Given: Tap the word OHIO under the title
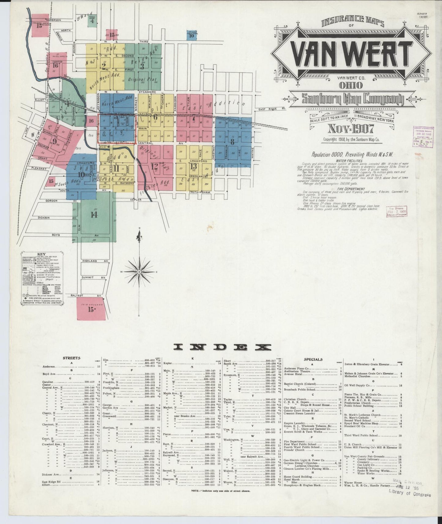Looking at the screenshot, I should click(351, 85).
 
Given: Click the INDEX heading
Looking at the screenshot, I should click(222, 347).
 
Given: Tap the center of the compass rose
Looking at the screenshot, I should click(139, 272).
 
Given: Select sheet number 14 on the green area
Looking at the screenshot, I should click(94, 215).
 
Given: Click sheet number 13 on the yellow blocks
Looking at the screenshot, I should click(193, 166).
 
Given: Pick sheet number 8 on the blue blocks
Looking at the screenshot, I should click(232, 142).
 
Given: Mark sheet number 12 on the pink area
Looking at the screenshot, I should click(154, 166).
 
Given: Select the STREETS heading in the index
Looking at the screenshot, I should click(72, 358).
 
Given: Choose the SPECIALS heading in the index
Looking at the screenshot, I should click(313, 359).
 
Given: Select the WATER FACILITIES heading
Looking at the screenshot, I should click(349, 161).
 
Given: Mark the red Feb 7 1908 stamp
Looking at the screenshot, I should click(397, 212).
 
